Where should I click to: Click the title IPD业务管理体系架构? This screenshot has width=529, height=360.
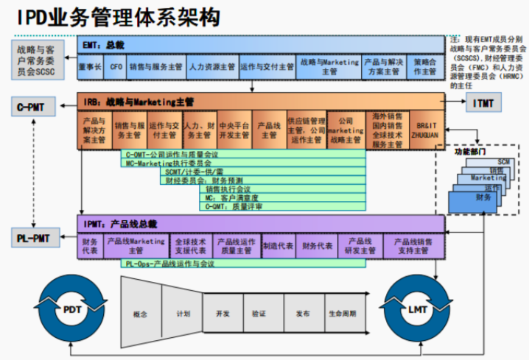111,16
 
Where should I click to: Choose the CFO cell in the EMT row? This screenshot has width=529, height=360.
116,67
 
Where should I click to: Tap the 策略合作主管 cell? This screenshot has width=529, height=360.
426,67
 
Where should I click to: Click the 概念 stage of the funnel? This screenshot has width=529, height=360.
141,314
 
